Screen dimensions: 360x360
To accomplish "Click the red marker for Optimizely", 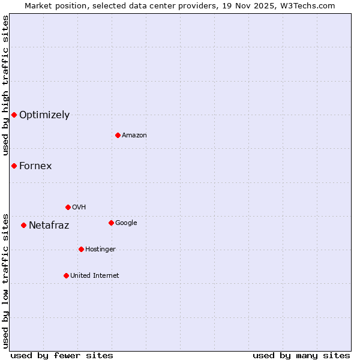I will (14, 115).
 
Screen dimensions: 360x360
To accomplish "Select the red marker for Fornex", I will (14, 166).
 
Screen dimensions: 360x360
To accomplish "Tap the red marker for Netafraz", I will (23, 226).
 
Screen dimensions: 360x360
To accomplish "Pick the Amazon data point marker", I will (118, 135).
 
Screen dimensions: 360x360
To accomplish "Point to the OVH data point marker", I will (68, 207).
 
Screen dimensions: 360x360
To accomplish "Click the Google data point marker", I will (111, 223).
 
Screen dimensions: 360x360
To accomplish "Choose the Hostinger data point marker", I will (81, 249).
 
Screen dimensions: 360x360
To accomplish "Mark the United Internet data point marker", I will (66, 275).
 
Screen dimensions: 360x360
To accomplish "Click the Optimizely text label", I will (44, 115).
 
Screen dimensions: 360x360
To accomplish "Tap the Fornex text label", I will (35, 166).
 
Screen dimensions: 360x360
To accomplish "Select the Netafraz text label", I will (49, 226).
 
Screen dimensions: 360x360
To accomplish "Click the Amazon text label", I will (134, 135).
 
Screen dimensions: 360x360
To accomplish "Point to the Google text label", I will (126, 223).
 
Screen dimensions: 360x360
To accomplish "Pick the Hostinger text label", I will (100, 249).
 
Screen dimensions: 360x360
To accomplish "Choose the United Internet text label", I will (95, 275).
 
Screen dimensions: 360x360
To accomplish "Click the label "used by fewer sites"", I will (62, 355).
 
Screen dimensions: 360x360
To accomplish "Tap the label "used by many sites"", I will (301, 355).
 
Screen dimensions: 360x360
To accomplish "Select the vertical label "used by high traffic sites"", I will (5, 85).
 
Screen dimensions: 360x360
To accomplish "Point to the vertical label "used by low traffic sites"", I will (5, 280).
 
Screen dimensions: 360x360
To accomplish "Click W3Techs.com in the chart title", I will (305, 5).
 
